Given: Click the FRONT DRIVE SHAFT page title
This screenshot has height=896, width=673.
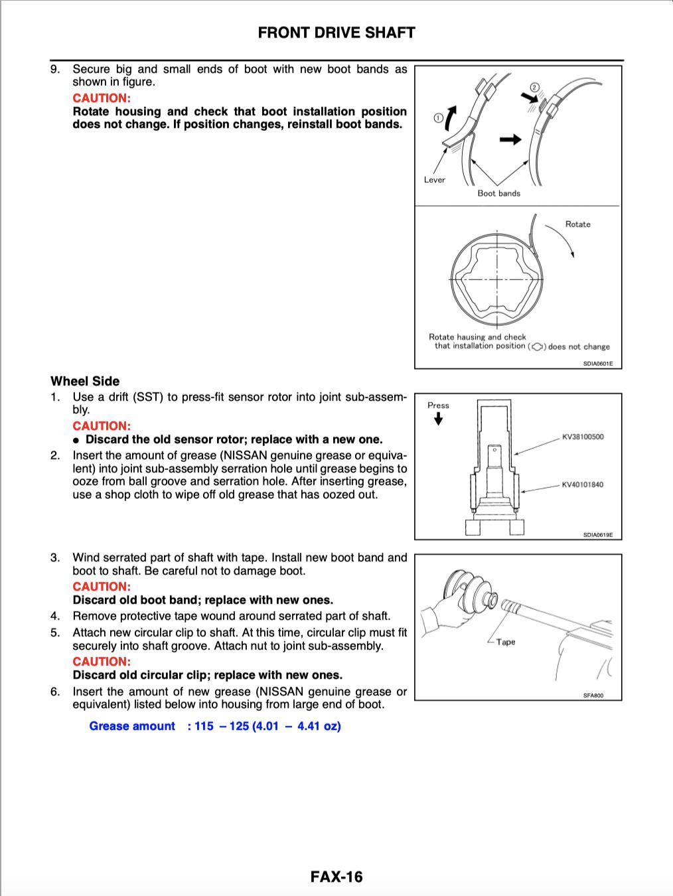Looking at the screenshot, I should [336, 33].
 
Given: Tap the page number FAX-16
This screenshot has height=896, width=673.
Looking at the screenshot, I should [336, 877].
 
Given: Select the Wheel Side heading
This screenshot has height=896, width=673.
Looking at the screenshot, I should [85, 381].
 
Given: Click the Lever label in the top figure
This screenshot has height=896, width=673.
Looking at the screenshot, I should [434, 180].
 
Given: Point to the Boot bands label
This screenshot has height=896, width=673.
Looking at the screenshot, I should [498, 193].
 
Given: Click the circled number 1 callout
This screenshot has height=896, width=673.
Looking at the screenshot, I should [437, 118].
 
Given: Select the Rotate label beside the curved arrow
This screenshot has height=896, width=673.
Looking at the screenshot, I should [577, 224].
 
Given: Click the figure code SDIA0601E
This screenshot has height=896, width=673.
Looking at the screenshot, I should [597, 364].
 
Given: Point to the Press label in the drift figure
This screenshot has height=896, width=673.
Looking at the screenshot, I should [438, 405].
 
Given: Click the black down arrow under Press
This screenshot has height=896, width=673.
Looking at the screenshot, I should [438, 419].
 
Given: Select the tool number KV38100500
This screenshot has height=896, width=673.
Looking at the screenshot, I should [582, 437].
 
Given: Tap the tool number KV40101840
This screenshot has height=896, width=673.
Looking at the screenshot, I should [582, 485].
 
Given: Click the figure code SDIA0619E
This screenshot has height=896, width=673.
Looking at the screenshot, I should [597, 534].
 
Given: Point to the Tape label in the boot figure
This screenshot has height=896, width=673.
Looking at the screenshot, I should [505, 642].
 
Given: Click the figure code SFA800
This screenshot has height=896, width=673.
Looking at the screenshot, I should [593, 696].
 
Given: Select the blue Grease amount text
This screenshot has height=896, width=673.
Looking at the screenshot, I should [132, 726].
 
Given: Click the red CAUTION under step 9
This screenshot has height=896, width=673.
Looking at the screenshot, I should [102, 98].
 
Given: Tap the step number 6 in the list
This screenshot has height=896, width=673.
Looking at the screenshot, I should [55, 692].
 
